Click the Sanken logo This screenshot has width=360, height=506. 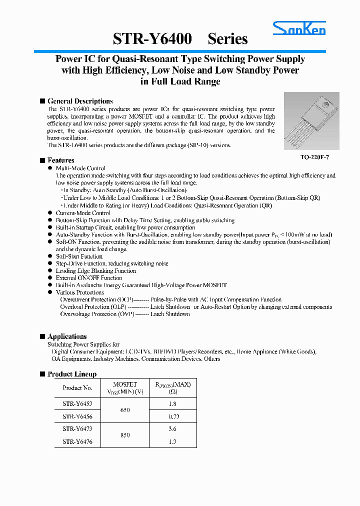pyautogui.click(x=299, y=29)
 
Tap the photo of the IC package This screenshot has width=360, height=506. pyautogui.click(x=311, y=120)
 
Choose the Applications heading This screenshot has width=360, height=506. pyautogui.click(x=67, y=336)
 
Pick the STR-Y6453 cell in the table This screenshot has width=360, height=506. pyautogui.click(x=77, y=403)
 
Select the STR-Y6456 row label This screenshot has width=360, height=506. pyautogui.click(x=77, y=416)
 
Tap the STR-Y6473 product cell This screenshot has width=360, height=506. pyautogui.click(x=77, y=429)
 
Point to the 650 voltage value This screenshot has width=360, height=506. pyautogui.click(x=125, y=410)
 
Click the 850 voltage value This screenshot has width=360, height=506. pyautogui.click(x=125, y=435)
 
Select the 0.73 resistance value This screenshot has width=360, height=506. pyautogui.click(x=173, y=416)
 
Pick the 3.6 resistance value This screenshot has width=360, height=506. pyautogui.click(x=173, y=429)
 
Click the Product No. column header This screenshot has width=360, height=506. pyautogui.click(x=77, y=388)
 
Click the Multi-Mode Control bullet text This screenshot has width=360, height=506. pyautogui.click(x=80, y=168)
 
